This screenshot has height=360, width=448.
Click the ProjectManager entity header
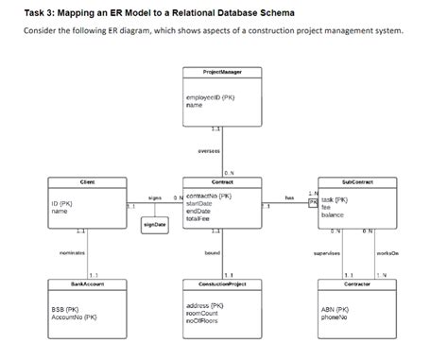(222, 72)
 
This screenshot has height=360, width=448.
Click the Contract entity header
(222, 180)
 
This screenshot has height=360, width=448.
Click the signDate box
(154, 224)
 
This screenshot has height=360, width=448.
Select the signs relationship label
(155, 197)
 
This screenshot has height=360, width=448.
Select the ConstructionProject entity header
(222, 283)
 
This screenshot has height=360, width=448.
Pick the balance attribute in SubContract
(332, 216)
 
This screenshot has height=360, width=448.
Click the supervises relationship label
(327, 253)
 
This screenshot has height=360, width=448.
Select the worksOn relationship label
(387, 253)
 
